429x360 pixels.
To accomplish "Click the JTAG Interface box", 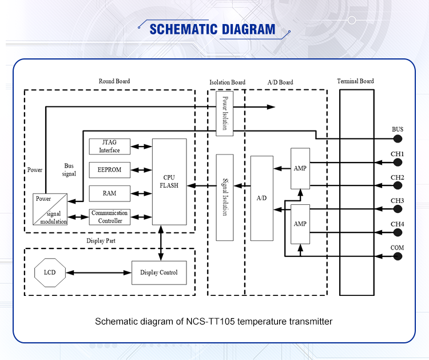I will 109,147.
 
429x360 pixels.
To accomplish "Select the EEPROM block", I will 109,170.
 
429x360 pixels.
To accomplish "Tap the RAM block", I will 109,193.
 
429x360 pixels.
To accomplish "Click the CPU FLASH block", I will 169,181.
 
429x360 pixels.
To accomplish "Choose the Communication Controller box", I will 109,217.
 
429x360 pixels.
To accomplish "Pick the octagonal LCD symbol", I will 50,272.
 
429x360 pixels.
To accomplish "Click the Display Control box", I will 159,272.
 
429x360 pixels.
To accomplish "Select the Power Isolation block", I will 225,113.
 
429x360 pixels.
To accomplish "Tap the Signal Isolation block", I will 225,197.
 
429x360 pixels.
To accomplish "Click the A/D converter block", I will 262,197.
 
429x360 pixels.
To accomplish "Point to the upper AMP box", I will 300,169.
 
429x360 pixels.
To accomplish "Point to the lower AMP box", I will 300,223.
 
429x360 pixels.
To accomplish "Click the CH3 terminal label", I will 397,201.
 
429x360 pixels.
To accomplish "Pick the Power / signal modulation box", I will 50,209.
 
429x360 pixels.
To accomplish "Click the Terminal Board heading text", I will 355,81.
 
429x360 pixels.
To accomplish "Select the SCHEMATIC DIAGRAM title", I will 212,30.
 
